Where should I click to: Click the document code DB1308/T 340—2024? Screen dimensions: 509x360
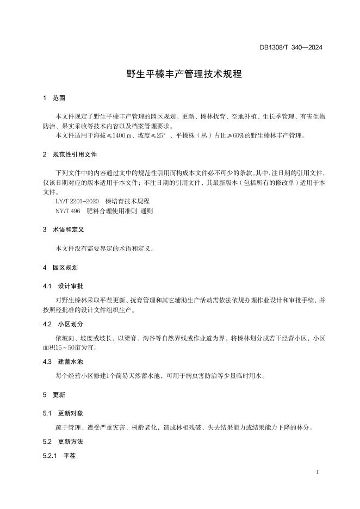point(291,48)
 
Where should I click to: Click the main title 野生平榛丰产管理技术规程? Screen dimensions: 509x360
point(180,75)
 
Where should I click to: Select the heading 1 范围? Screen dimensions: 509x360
point(54,98)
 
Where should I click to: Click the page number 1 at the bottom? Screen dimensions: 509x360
point(316,472)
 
